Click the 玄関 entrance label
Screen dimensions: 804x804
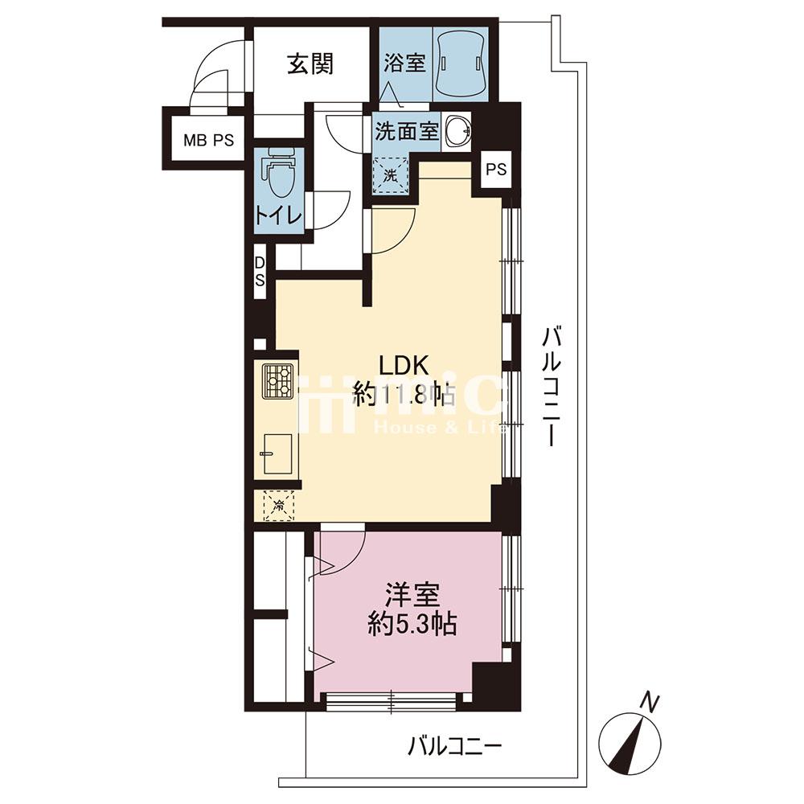[310, 64]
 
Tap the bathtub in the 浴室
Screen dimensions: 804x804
[460, 63]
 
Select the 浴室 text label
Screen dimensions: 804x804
[404, 64]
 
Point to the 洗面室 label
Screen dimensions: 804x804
[407, 132]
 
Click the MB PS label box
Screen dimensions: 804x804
[209, 140]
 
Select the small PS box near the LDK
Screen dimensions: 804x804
[496, 169]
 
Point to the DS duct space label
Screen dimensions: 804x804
[260, 273]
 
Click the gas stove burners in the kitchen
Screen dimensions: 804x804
[277, 381]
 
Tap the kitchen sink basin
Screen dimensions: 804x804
[277, 453]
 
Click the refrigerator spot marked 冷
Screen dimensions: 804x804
[279, 506]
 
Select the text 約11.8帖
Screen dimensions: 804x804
[404, 396]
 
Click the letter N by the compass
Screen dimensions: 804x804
[650, 701]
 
